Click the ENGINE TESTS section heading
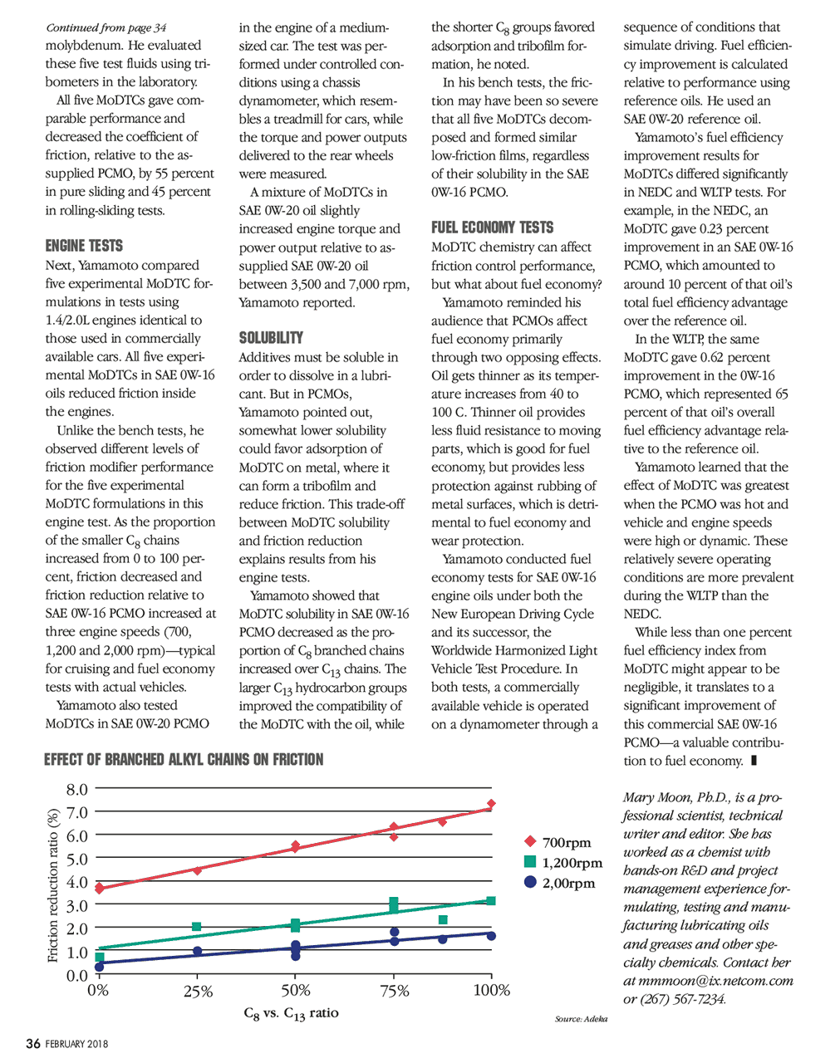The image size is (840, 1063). (84, 246)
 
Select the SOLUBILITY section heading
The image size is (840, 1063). (271, 338)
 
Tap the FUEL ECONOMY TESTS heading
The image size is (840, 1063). (492, 228)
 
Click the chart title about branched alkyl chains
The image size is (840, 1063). (184, 759)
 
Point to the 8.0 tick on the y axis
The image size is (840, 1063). (77, 789)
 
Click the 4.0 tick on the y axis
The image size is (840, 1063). (77, 882)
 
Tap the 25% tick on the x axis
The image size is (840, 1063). (198, 991)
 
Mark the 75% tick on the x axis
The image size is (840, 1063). (395, 991)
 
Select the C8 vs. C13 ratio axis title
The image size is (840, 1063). (291, 1014)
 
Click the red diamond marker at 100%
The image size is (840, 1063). (492, 804)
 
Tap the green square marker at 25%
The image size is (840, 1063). (197, 927)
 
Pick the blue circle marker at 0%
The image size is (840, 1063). (100, 966)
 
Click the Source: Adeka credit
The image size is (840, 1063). (581, 1018)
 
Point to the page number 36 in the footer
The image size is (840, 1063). (32, 1043)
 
